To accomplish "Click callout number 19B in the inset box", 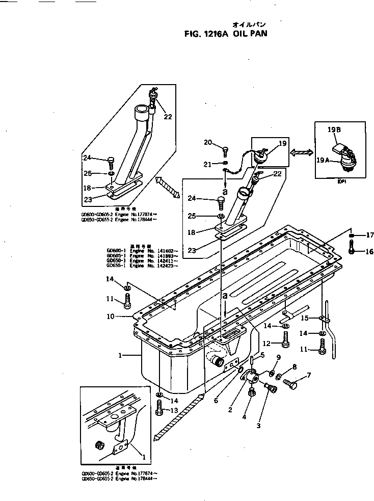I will [334, 130].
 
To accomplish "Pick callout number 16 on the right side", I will [369, 251].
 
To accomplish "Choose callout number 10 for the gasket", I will [110, 316].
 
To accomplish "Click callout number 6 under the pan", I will [216, 401].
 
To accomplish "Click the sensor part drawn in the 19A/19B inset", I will [345, 153].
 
